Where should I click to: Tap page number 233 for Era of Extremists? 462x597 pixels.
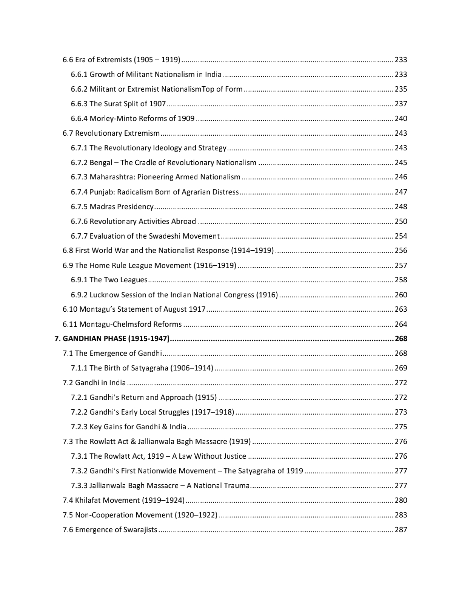click(400, 60)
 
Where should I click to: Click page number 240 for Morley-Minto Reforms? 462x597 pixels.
click(400, 118)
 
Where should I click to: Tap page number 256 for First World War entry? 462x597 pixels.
click(400, 250)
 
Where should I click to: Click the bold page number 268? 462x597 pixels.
click(400, 338)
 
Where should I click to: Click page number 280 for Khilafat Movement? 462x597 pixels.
click(400, 500)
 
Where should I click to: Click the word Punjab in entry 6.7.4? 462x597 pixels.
click(102, 192)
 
